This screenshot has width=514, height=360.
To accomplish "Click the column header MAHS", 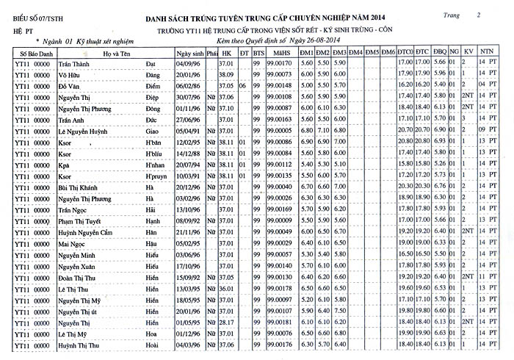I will click(x=280, y=54).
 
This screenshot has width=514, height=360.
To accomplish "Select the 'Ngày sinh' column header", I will click(x=190, y=54).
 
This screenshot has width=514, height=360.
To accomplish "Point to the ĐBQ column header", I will click(x=439, y=54).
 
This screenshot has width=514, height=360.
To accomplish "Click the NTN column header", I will click(x=486, y=54).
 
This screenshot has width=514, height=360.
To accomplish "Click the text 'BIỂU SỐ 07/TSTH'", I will click(x=35, y=15).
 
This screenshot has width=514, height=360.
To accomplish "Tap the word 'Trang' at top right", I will click(x=453, y=14).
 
